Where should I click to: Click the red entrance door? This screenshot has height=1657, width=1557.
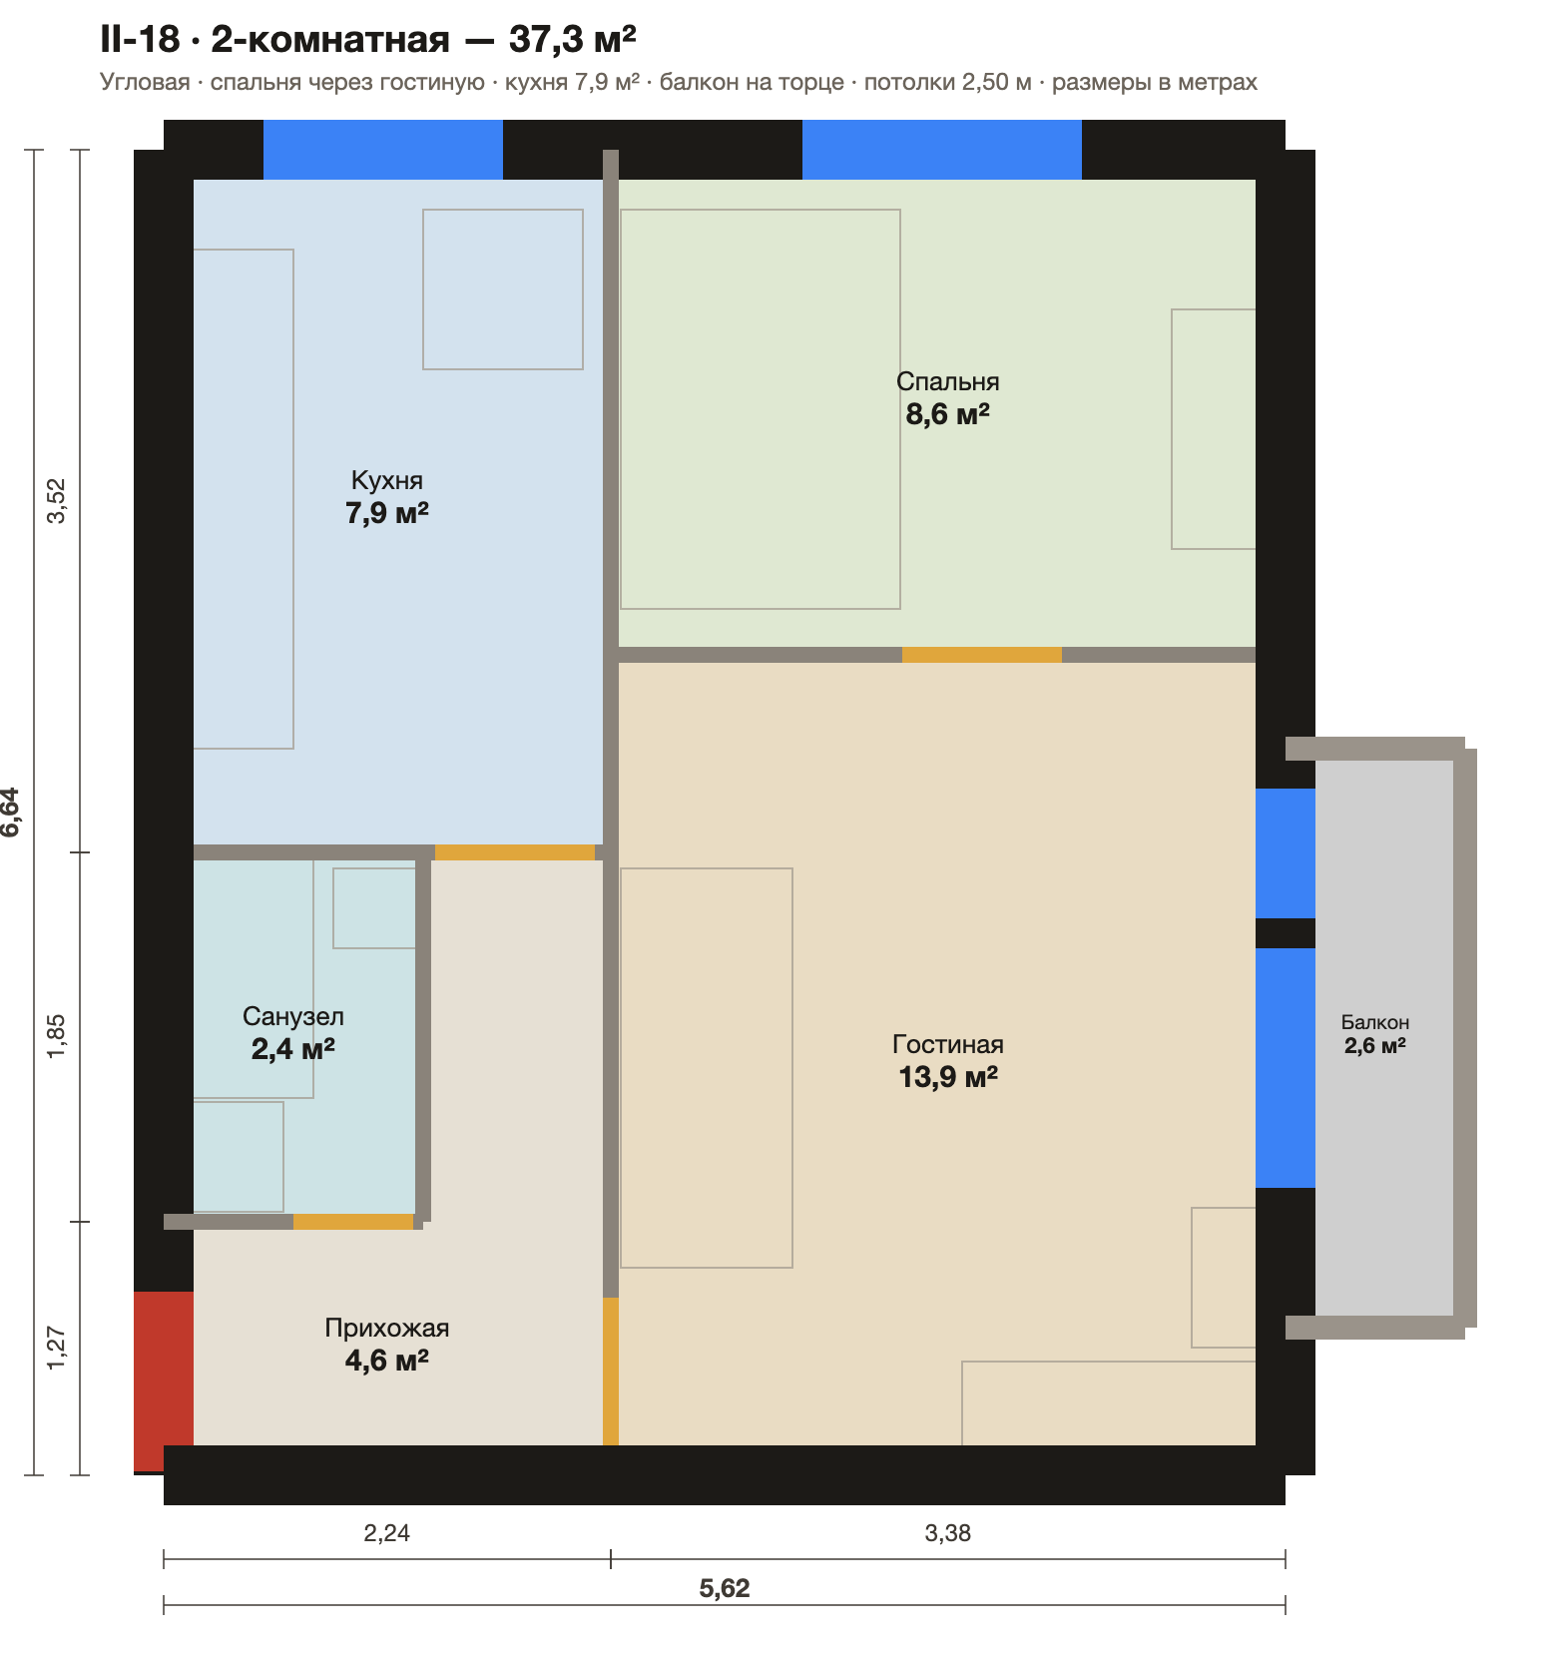coord(164,1381)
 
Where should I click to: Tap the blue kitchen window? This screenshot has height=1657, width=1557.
coord(383,150)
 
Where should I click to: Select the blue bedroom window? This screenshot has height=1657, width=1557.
coord(942,150)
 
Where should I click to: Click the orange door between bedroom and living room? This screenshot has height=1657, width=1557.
coord(982,655)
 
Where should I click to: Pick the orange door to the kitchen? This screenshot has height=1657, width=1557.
coord(515,852)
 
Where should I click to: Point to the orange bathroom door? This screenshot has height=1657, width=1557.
coord(353,1222)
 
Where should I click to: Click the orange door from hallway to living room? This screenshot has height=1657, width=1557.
coord(611,1372)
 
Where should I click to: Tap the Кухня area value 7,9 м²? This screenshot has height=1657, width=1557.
coord(387,514)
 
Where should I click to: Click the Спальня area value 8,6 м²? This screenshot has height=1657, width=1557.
coord(947,414)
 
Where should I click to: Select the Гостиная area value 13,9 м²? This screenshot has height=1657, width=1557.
coord(948,1077)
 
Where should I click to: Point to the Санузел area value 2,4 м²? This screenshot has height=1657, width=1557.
coord(292,1049)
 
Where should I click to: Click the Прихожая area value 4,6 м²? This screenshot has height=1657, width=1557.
coord(387,1361)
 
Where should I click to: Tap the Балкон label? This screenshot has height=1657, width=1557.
coord(1375,1022)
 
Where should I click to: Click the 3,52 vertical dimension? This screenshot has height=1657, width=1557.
coord(57,501)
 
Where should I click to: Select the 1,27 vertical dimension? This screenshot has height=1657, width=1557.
coord(57,1348)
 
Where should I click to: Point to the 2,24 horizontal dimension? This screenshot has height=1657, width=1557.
coord(387,1532)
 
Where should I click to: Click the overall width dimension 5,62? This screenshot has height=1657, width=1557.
coord(725,1588)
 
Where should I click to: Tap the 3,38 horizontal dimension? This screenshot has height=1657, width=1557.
coord(948,1532)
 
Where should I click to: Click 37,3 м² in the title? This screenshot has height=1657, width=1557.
coord(573,39)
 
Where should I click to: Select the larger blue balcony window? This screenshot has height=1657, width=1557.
coord(1286,1068)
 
